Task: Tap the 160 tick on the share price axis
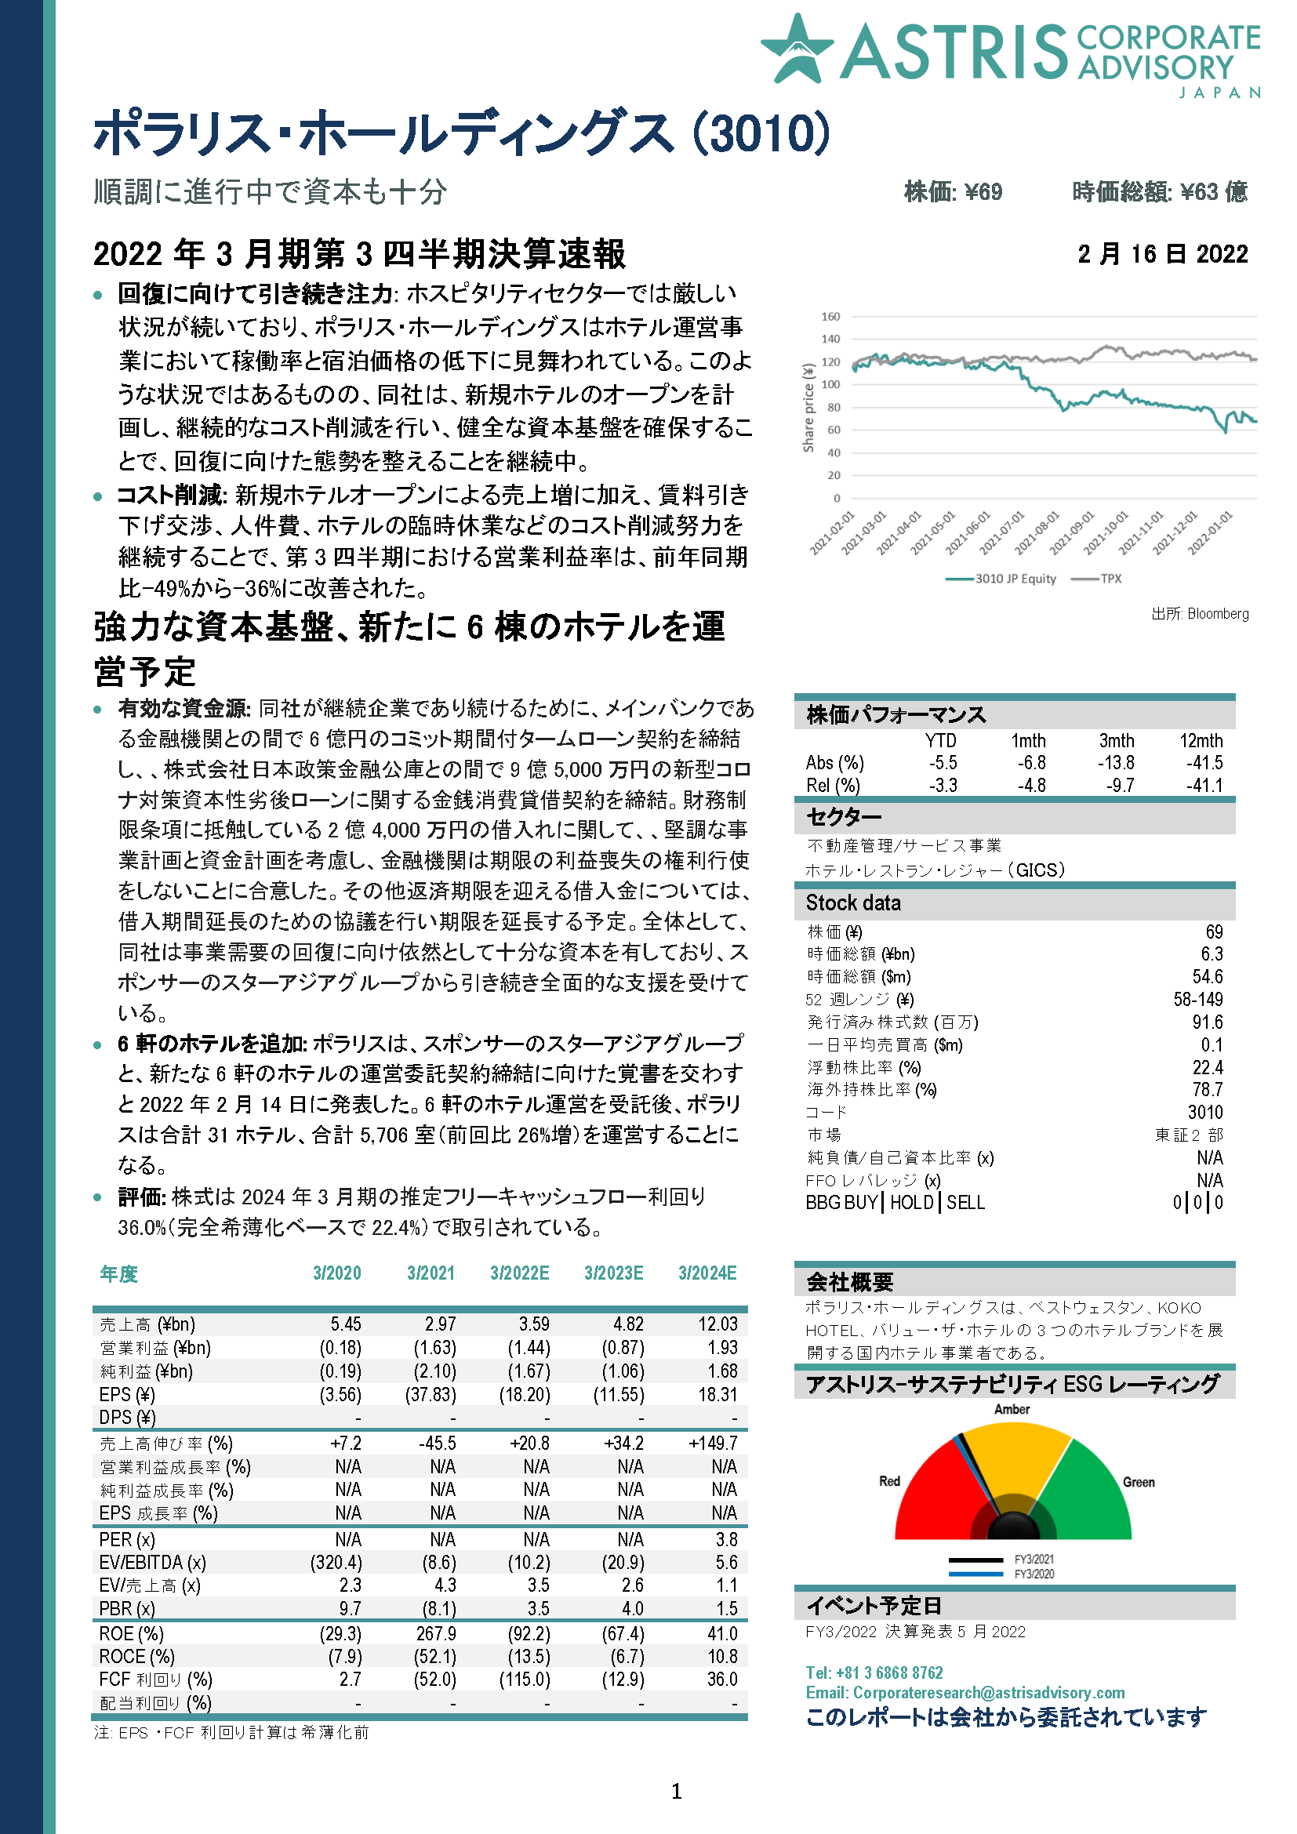coord(830,316)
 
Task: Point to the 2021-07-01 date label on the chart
coord(1001,532)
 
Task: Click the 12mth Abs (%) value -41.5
coord(1204,763)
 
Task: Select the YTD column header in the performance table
coord(940,740)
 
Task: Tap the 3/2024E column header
coord(707,1273)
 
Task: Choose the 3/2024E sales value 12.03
coord(718,1324)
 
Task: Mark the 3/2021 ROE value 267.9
coord(436,1633)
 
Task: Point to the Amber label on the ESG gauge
coord(1012,1409)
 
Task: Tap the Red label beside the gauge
coord(890,1481)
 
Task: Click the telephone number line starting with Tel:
coord(874,1672)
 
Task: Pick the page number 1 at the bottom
coord(677,1792)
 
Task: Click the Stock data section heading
coord(853,903)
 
